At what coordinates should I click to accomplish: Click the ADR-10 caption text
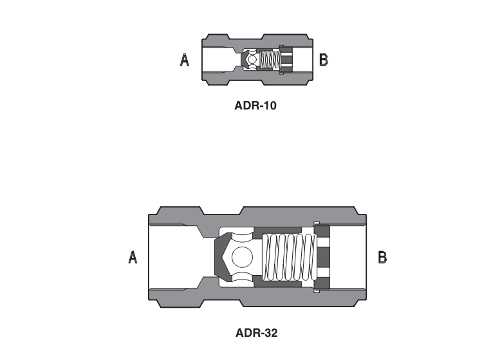[x=255, y=105]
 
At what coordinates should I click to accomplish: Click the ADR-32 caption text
[x=256, y=333]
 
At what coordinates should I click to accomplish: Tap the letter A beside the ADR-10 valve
[x=185, y=61]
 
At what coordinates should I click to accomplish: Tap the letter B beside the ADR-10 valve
[x=324, y=61]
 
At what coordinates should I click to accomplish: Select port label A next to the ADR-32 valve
[x=133, y=258]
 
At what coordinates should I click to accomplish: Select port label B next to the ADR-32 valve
[x=382, y=258]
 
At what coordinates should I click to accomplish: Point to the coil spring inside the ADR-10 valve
[x=270, y=61]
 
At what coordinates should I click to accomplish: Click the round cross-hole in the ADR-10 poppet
[x=252, y=61]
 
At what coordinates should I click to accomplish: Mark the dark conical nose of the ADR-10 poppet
[x=245, y=61]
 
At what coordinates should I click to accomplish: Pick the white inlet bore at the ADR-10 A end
[x=216, y=61]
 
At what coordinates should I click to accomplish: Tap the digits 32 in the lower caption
[x=270, y=333]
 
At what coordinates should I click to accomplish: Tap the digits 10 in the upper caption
[x=269, y=105]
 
